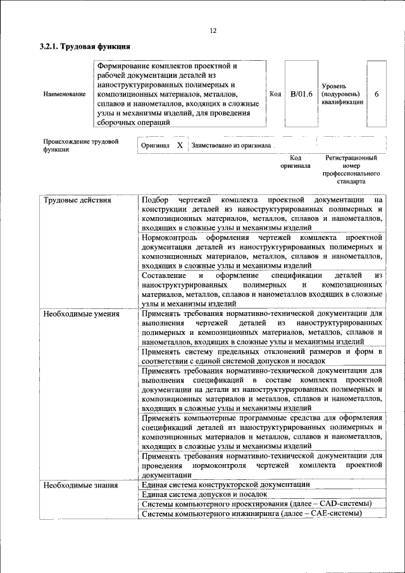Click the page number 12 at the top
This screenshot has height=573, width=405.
(213, 30)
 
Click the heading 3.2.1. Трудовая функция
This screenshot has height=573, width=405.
(85, 46)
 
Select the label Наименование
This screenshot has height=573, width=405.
(64, 94)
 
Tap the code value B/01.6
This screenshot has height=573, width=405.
(302, 94)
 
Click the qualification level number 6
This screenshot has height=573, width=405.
(377, 94)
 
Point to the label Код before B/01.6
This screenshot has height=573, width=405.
(275, 94)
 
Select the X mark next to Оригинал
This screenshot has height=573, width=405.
(180, 145)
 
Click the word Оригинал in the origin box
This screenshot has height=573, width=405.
(156, 145)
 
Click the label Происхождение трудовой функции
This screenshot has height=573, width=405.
(80, 146)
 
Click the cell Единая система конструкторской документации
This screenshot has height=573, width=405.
(226, 484)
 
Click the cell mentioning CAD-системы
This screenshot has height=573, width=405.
(256, 503)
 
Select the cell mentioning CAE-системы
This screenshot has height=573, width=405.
(251, 513)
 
